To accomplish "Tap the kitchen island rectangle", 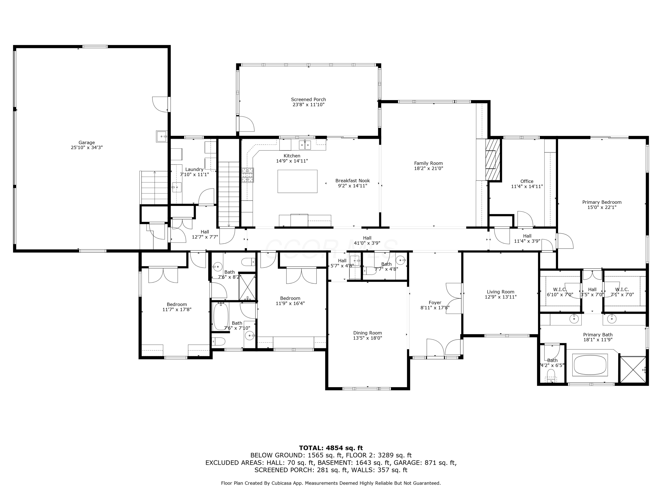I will coord(297,181).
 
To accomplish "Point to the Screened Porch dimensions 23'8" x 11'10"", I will coord(308,104).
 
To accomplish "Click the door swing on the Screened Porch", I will coord(246,124).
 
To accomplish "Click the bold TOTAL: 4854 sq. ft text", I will coord(331,448).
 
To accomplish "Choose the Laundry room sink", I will coord(177,188).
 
